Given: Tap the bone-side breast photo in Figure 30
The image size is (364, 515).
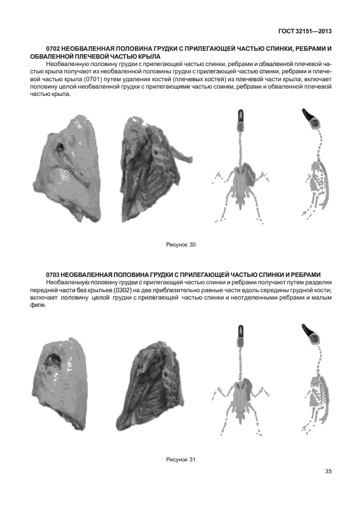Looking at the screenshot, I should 149,167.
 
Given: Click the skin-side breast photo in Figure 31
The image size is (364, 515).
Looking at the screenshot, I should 61,383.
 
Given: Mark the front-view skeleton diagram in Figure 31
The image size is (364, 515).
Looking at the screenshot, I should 241,384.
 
